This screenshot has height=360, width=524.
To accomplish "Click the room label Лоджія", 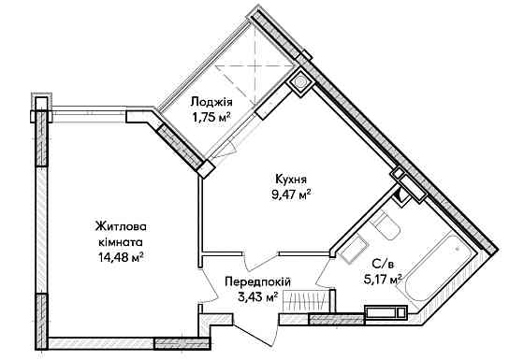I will [x=212, y=104].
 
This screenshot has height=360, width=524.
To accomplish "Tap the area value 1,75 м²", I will [x=212, y=118].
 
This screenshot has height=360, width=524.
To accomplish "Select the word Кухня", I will [x=288, y=180].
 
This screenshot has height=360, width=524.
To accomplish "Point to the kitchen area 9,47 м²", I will [x=288, y=194].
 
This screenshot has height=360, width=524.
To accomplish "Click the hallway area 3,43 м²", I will [x=259, y=296].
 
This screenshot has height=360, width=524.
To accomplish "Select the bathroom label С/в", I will [x=382, y=263].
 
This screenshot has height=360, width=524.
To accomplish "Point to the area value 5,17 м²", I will [x=383, y=278].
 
